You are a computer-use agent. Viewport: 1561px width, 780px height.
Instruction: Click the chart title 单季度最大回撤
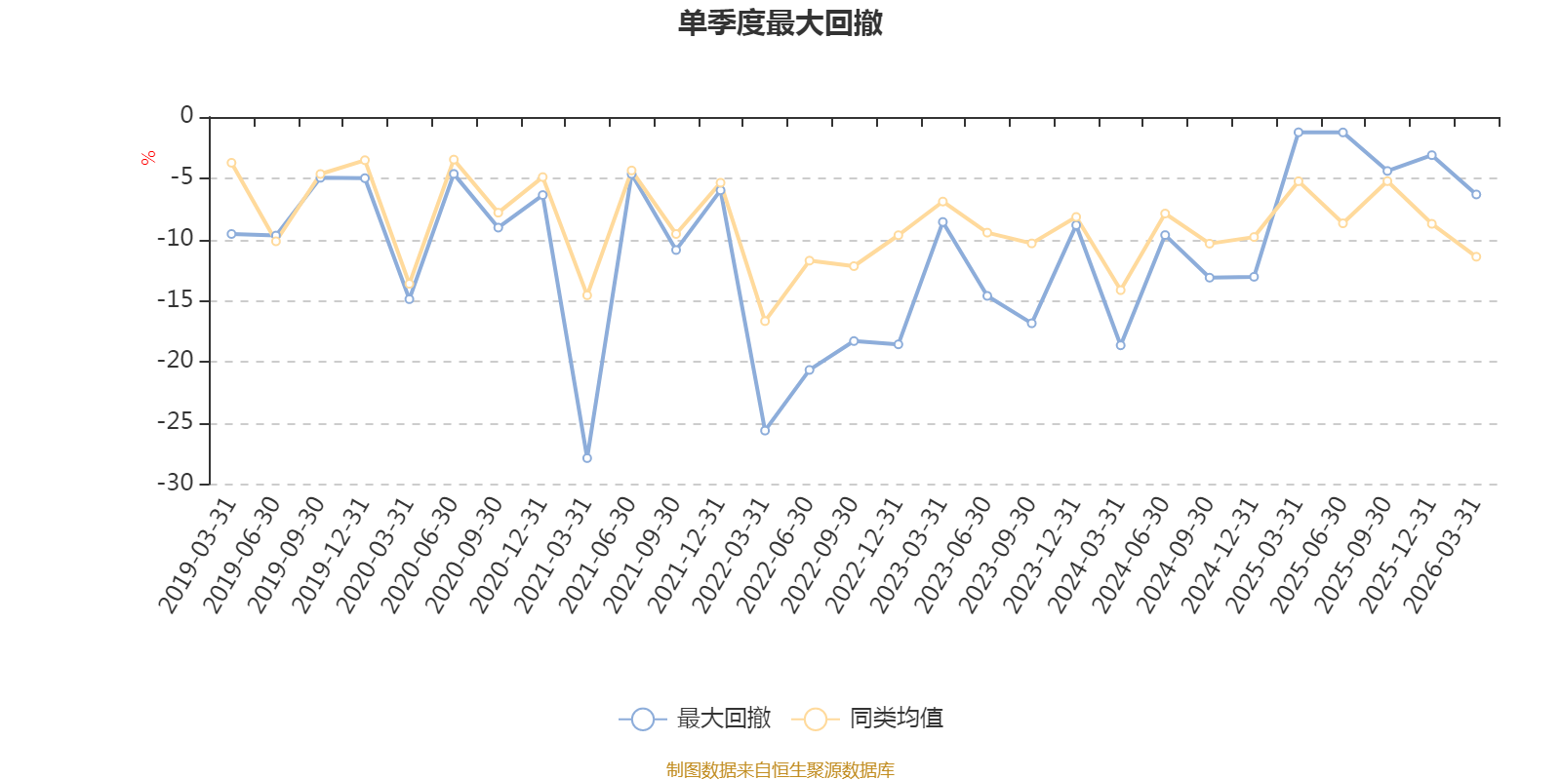click(x=780, y=23)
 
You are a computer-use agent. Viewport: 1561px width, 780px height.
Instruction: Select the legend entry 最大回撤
click(x=695, y=718)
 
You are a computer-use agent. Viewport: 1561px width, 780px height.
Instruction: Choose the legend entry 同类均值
click(x=867, y=718)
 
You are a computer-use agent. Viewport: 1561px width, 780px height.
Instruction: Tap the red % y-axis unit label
click(x=147, y=158)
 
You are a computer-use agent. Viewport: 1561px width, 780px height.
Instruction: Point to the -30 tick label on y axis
click(x=175, y=482)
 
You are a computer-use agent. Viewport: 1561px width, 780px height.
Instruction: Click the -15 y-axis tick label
click(x=175, y=299)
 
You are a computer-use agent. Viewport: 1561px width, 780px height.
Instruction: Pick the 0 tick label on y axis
click(x=186, y=115)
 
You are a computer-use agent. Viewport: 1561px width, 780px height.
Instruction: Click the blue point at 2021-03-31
click(x=586, y=458)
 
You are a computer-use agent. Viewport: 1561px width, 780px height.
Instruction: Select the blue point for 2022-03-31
click(x=765, y=430)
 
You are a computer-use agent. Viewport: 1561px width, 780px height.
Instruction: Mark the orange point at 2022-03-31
click(x=765, y=321)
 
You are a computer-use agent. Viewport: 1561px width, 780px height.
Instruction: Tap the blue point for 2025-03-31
click(x=1299, y=133)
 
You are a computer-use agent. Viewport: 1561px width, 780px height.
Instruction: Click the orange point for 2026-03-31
click(x=1476, y=257)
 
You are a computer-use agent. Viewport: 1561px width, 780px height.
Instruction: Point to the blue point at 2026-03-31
click(x=1476, y=194)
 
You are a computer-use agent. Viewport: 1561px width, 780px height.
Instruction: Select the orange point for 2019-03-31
click(x=231, y=163)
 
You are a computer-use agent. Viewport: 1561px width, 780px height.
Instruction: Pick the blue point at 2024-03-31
click(x=1121, y=345)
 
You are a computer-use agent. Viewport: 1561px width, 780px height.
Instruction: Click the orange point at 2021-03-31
click(x=586, y=295)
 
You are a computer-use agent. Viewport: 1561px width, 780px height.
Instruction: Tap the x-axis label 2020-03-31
click(x=375, y=556)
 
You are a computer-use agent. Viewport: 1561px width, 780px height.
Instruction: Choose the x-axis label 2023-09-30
click(x=997, y=556)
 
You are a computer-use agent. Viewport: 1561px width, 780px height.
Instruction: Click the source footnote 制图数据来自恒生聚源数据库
click(x=780, y=769)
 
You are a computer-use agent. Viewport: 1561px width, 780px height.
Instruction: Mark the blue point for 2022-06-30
click(x=809, y=370)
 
